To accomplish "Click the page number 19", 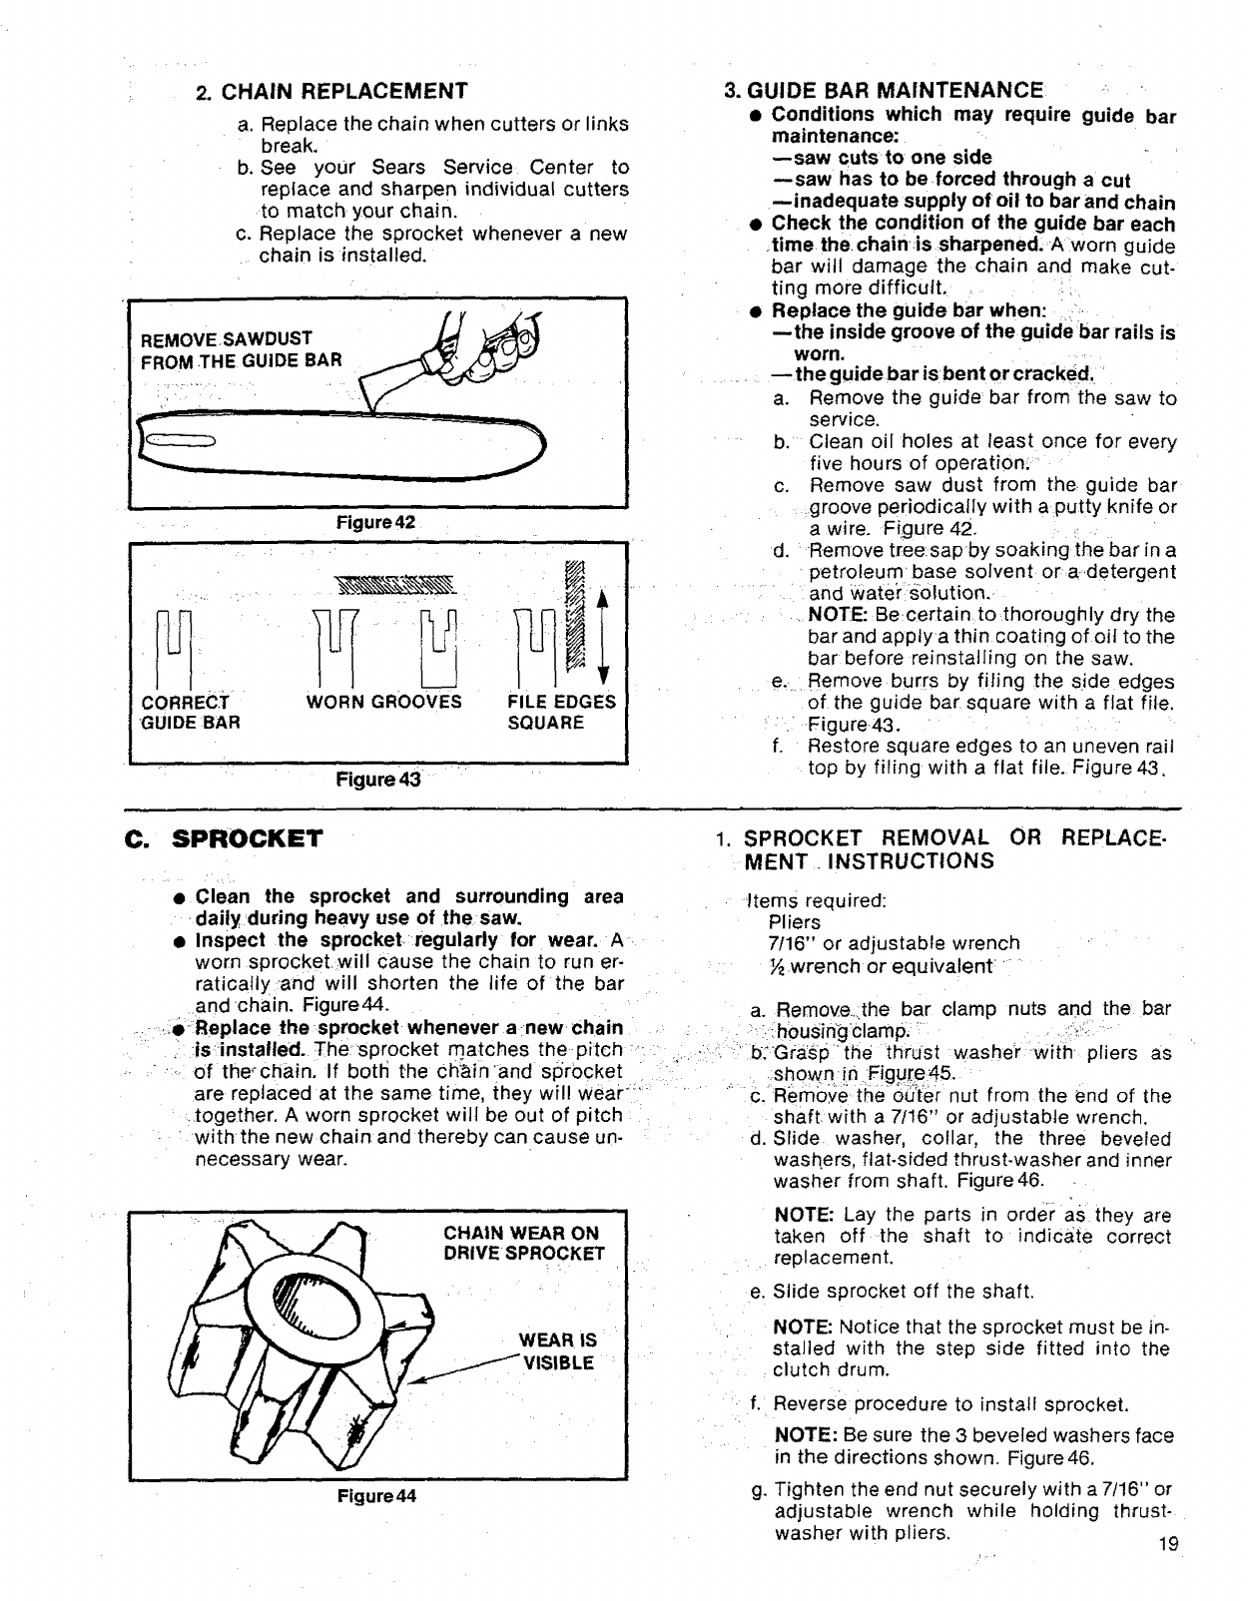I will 1169,1544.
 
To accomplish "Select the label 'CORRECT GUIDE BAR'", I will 190,712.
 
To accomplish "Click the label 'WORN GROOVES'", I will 384,702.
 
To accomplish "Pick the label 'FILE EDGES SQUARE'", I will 561,712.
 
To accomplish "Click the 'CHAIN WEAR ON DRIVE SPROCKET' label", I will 523,1244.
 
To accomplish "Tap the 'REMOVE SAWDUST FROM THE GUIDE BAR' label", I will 240,349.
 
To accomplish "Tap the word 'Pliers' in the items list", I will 795,921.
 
